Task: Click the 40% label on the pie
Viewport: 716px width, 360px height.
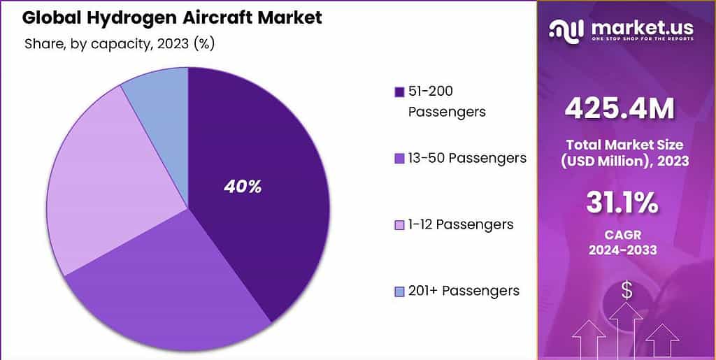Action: click(x=242, y=187)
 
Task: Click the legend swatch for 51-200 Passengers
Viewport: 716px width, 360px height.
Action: click(x=400, y=92)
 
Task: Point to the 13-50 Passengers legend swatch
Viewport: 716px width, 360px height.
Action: click(x=400, y=159)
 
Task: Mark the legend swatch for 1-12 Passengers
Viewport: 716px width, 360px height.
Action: click(x=400, y=225)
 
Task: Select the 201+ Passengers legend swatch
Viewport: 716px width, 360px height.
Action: click(x=400, y=291)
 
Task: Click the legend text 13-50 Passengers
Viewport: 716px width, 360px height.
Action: click(x=467, y=158)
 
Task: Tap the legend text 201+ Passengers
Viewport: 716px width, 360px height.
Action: click(x=464, y=291)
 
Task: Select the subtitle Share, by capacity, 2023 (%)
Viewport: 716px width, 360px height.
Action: click(x=119, y=44)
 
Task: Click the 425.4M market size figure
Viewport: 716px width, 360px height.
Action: click(x=620, y=108)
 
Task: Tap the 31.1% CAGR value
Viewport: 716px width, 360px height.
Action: click(x=621, y=202)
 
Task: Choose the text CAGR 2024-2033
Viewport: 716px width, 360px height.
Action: click(x=622, y=242)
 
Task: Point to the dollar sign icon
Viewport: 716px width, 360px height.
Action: click(x=626, y=290)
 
